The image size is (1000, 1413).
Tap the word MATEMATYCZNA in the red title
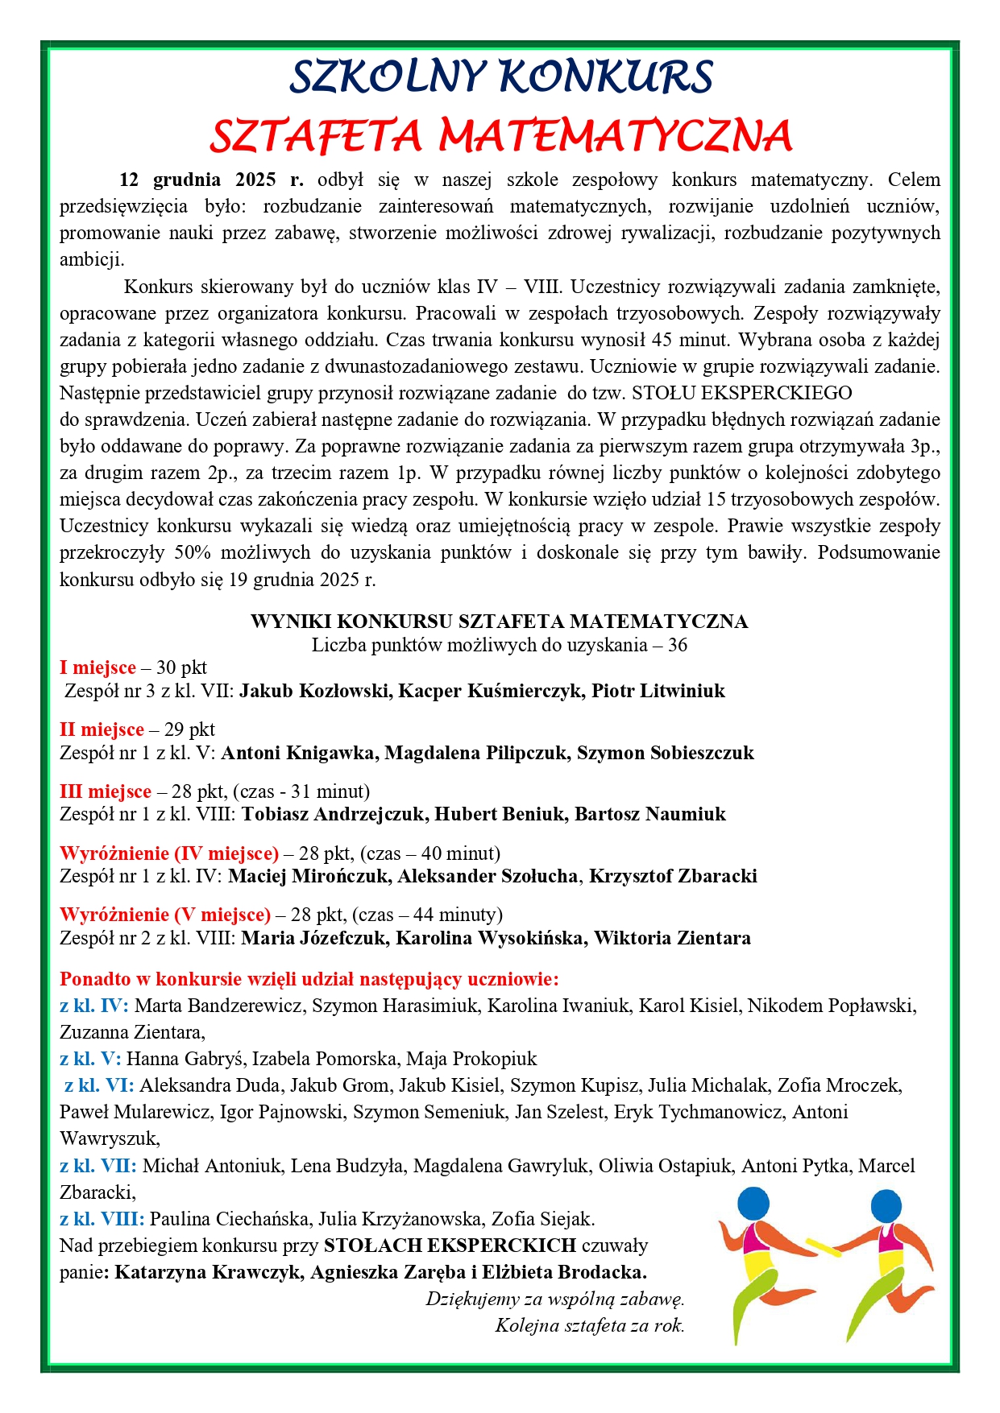coord(616,135)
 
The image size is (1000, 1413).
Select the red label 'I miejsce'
coord(98,667)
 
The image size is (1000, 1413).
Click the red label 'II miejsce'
coord(102,729)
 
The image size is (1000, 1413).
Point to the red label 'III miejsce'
coord(106,791)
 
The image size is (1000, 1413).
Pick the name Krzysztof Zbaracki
coord(673,876)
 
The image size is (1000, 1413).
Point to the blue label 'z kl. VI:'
coord(99,1085)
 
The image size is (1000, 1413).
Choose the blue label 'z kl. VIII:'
coord(102,1219)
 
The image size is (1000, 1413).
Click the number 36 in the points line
coord(677,645)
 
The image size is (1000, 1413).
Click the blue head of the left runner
coord(753,1204)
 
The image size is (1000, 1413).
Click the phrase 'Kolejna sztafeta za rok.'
coord(589,1325)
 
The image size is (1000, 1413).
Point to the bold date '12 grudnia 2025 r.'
coord(212,180)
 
